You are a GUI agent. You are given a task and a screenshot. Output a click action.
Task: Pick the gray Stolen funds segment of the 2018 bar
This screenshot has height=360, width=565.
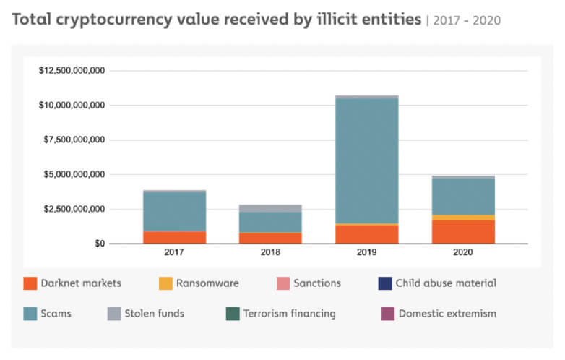[x=269, y=208]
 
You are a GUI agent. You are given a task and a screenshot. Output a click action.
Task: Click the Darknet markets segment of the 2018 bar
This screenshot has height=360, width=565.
[x=269, y=238]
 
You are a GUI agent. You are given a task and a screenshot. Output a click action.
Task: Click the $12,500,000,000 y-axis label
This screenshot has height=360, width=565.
[x=72, y=71]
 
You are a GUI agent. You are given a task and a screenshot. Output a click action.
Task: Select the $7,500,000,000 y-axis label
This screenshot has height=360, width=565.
[x=75, y=140]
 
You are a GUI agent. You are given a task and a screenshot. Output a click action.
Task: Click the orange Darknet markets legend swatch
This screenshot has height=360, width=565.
[x=30, y=283]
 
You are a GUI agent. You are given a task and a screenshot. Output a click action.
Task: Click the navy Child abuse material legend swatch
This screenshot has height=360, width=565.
[x=384, y=283]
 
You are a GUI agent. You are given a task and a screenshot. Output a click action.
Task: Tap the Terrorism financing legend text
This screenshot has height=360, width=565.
[x=290, y=314]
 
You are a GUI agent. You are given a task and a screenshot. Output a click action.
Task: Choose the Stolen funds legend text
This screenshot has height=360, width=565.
[x=155, y=314]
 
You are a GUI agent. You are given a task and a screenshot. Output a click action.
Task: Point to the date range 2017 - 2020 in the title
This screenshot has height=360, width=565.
[x=466, y=21]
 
